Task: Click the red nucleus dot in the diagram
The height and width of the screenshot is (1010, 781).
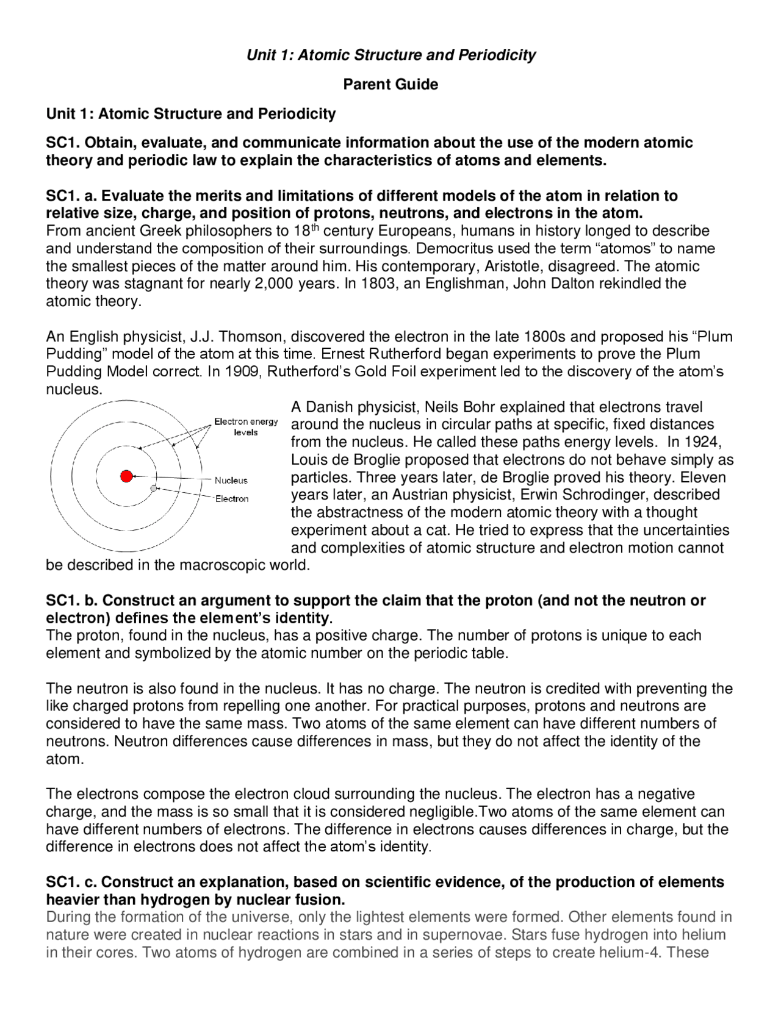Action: click(x=126, y=476)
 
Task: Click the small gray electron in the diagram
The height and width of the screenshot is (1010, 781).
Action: click(x=154, y=488)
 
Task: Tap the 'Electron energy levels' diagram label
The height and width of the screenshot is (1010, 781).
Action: click(x=246, y=427)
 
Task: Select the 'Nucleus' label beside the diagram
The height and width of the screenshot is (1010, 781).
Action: click(x=231, y=481)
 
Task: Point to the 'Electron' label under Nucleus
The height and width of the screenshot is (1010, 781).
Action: click(x=232, y=499)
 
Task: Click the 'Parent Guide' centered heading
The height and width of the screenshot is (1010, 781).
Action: click(x=390, y=84)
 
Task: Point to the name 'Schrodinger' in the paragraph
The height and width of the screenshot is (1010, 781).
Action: click(x=641, y=495)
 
